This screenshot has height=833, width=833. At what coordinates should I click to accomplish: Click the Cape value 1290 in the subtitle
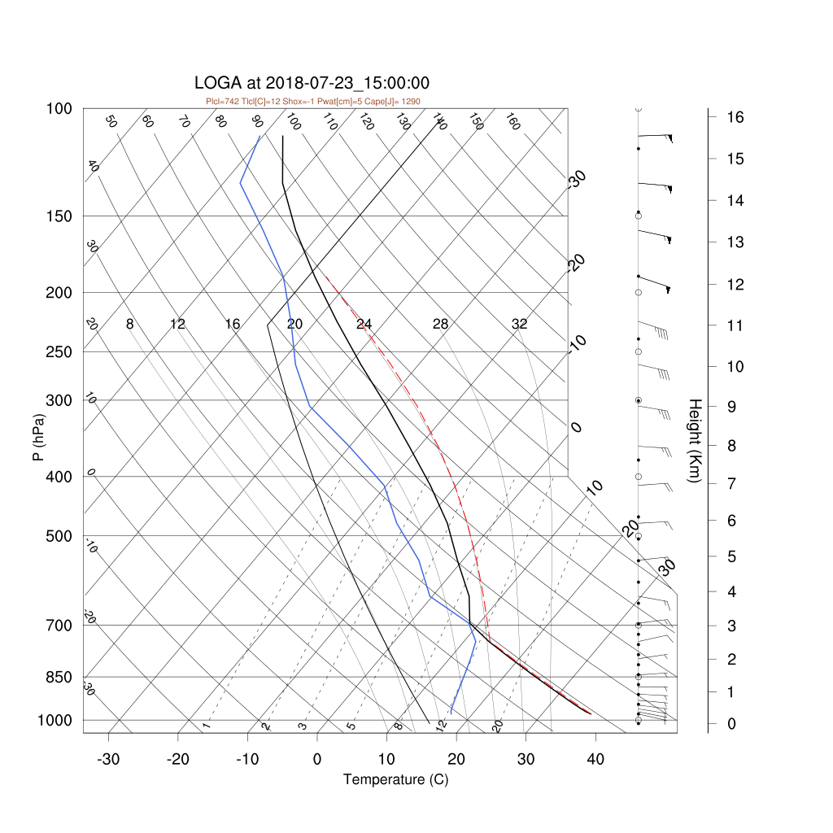tap(411, 102)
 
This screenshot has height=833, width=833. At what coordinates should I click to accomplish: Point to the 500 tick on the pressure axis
tap(59, 537)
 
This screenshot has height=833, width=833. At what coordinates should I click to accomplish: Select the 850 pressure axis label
tap(59, 678)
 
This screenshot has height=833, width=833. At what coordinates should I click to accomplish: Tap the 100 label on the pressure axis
tap(59, 109)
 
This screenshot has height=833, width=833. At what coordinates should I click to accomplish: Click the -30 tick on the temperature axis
tap(108, 759)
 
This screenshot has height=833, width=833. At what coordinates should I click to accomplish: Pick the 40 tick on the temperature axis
tap(595, 759)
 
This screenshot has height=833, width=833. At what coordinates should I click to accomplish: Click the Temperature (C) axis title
tap(396, 779)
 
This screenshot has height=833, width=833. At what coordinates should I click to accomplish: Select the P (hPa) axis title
tap(38, 437)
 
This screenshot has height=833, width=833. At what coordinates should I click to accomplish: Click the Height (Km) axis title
tap(695, 440)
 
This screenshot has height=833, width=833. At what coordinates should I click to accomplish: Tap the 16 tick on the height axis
tap(735, 117)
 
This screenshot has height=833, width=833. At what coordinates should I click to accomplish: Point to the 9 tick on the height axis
tap(731, 407)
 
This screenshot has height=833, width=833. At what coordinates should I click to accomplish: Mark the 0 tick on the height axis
tap(731, 724)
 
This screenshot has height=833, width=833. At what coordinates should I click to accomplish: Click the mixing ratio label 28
tap(440, 324)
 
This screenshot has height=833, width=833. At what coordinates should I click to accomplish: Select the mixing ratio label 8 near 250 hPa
tap(129, 324)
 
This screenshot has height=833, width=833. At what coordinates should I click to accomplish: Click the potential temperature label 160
tap(512, 122)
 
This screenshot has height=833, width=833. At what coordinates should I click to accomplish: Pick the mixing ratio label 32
tap(520, 324)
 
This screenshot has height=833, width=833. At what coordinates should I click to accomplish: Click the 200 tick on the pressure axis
tap(59, 293)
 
